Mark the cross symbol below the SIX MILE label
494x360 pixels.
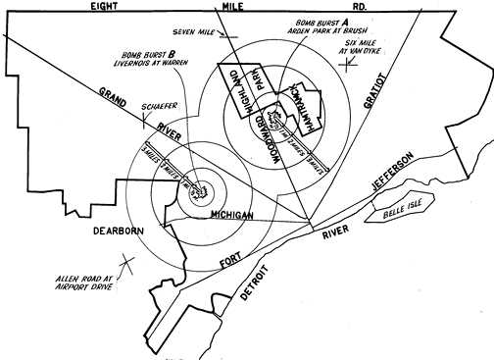349,68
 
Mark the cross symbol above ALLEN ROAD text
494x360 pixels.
124,264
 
